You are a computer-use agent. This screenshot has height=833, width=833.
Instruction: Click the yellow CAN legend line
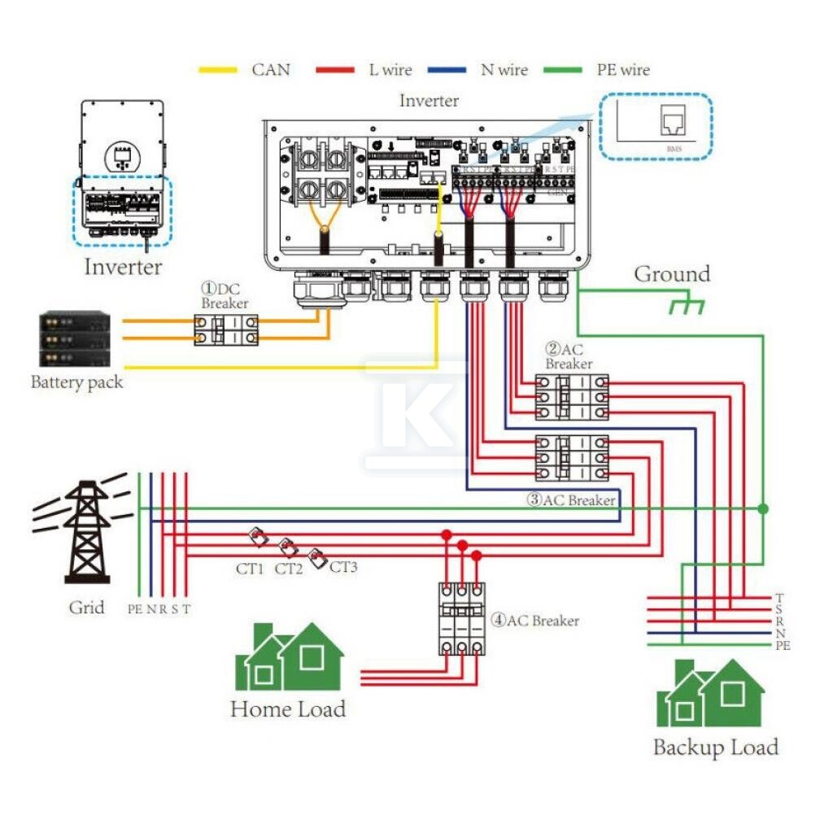(218, 70)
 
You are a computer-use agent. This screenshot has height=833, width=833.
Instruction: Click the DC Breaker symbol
(226, 329)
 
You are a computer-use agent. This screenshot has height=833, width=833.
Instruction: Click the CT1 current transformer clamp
(256, 537)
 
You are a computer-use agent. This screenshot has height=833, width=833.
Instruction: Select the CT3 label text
(343, 566)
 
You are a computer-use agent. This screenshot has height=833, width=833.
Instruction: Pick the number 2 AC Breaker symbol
(571, 397)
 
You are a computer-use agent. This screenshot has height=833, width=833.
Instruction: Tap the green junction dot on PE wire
(762, 508)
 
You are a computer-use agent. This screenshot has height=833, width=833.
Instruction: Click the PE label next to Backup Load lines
(783, 645)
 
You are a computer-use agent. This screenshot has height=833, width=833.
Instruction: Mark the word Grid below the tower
(86, 608)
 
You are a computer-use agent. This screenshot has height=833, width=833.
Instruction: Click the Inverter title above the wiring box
(429, 101)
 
